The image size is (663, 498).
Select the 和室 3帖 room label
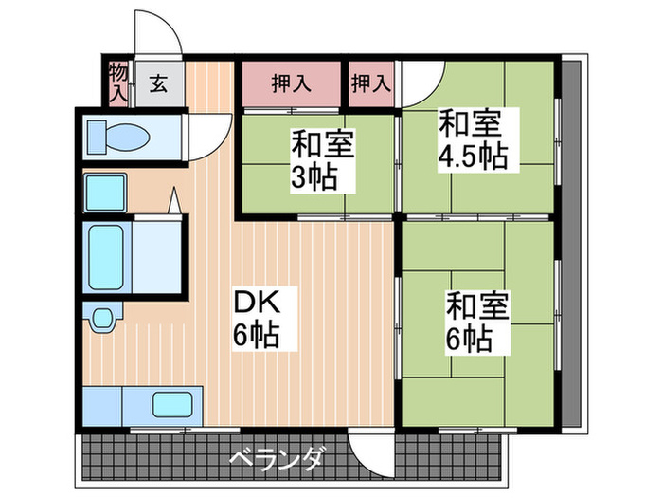[x=322, y=161]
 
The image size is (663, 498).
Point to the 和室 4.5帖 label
[x=471, y=139]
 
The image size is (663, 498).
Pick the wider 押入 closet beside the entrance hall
[x=291, y=83]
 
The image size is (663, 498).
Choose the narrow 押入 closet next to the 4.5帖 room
[x=370, y=83]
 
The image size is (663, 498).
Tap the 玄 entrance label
[x=158, y=83]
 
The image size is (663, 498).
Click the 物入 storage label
[x=118, y=82]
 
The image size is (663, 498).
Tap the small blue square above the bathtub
[x=105, y=193]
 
